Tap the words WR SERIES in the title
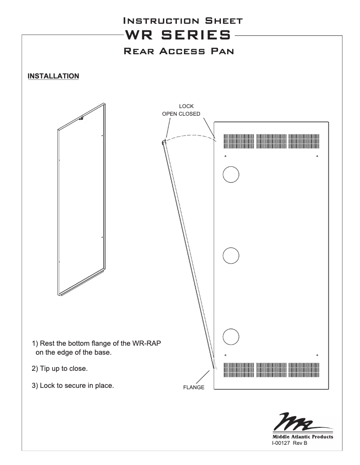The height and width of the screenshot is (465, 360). pos(180,35)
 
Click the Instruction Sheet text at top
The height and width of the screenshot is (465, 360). pos(180,21)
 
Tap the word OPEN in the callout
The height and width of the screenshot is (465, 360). pos(170,114)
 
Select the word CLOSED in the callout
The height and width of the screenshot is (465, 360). pos(190,114)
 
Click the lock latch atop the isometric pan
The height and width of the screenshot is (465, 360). pos(83,118)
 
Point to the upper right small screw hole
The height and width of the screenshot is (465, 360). pos(317,156)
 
